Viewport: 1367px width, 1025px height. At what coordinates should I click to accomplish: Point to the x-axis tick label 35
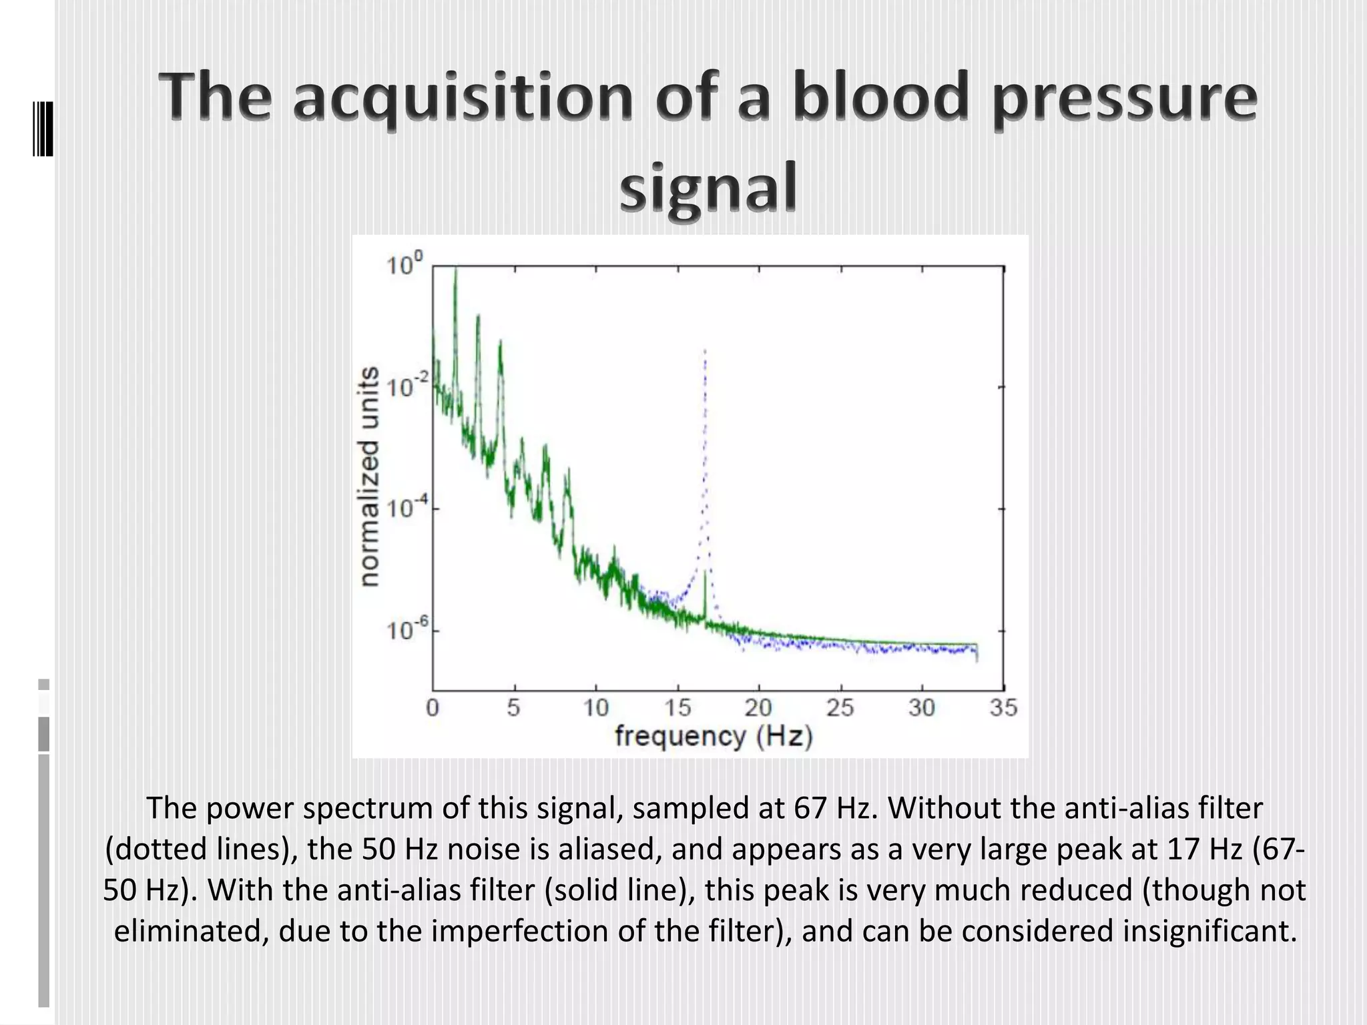pos(1003,708)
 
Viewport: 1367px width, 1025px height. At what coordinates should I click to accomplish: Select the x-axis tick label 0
pos(433,708)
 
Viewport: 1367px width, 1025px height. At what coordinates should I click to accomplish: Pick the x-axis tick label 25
pos(840,708)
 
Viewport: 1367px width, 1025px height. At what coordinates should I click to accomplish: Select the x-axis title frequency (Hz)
pos(714,737)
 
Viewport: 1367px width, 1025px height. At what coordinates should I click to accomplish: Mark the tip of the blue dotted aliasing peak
pos(705,350)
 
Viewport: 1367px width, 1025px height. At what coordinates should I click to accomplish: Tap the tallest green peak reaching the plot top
pos(455,270)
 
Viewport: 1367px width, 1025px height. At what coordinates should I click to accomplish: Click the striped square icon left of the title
pos(43,129)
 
